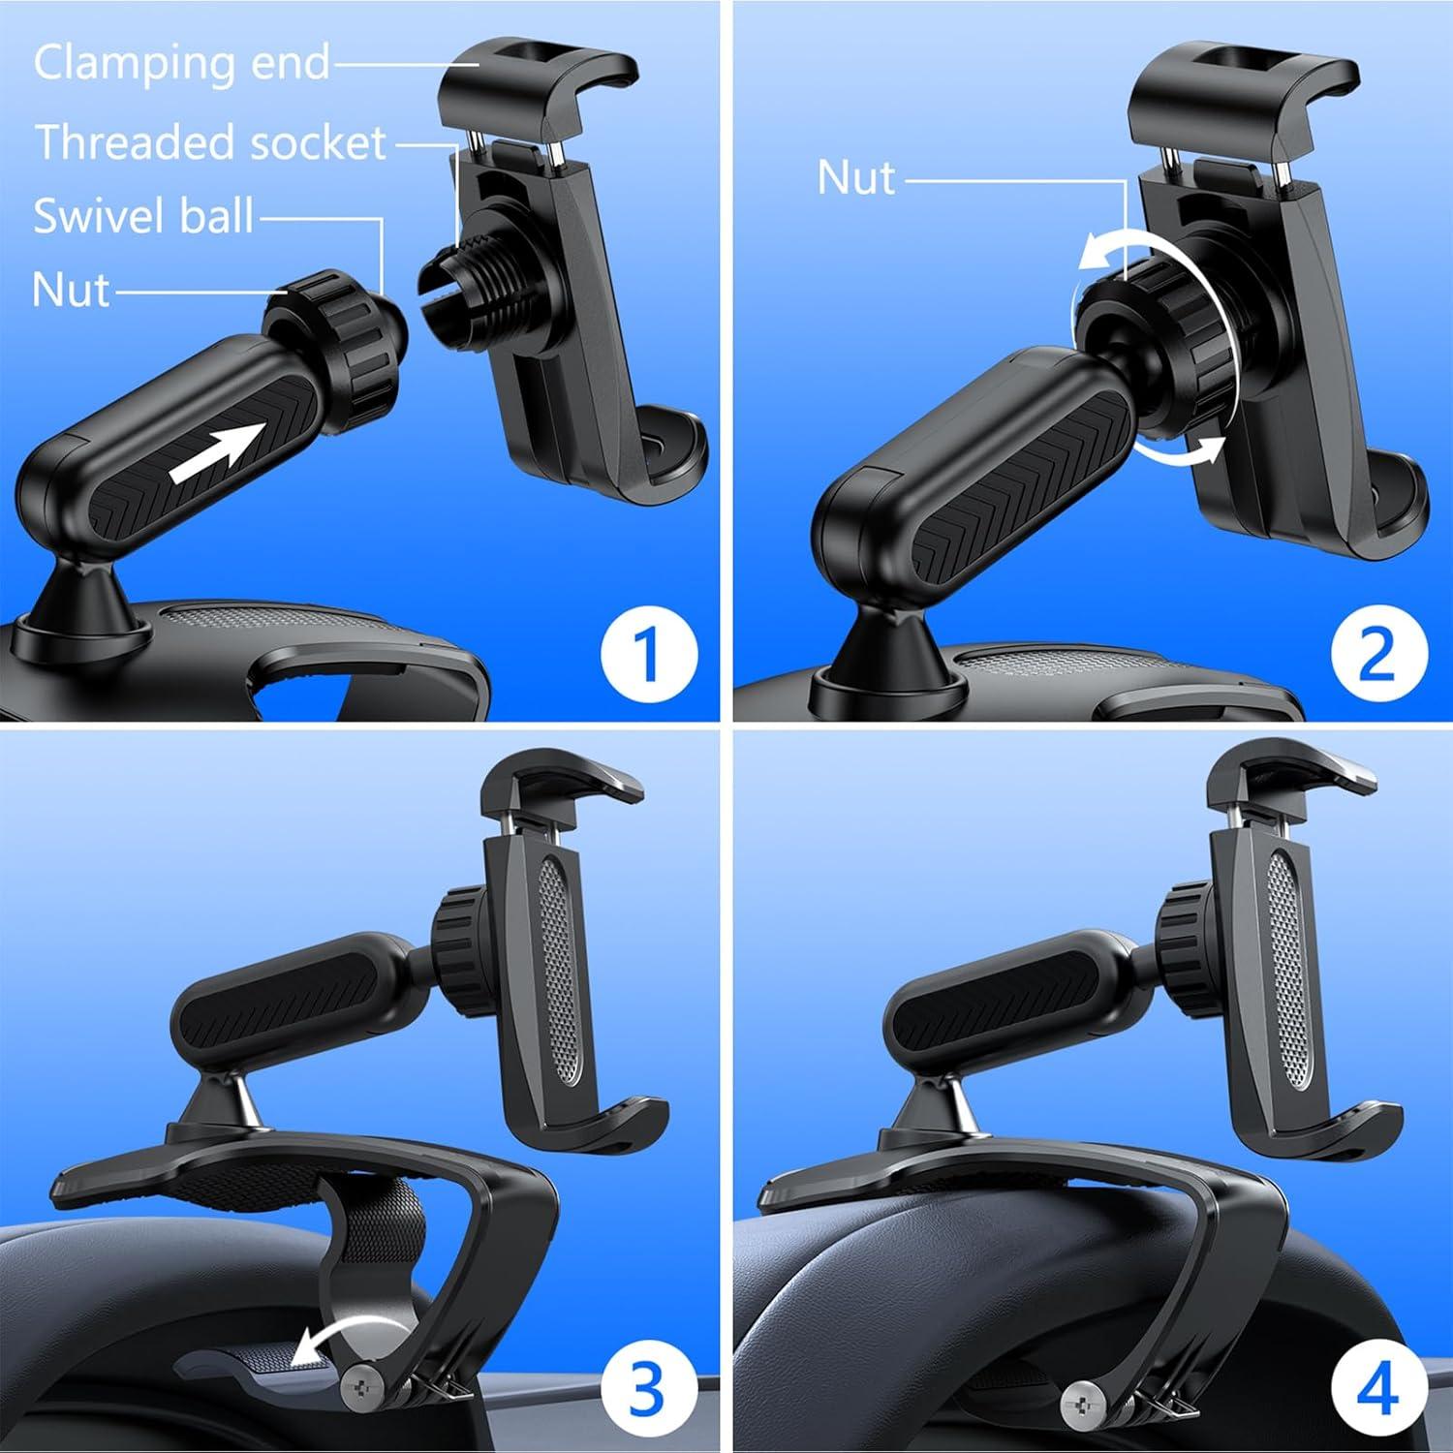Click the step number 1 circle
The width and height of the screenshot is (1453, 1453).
point(648,654)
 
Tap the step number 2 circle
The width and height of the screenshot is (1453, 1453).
point(1378,654)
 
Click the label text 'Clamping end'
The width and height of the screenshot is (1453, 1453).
point(182,64)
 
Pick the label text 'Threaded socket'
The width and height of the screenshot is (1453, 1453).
point(211,143)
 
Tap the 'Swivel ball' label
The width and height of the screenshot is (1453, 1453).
point(143,215)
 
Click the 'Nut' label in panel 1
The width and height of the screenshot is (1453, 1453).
point(71,290)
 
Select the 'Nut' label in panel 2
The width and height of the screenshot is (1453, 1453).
point(856,178)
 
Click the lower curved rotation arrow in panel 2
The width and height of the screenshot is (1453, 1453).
point(1177,453)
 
